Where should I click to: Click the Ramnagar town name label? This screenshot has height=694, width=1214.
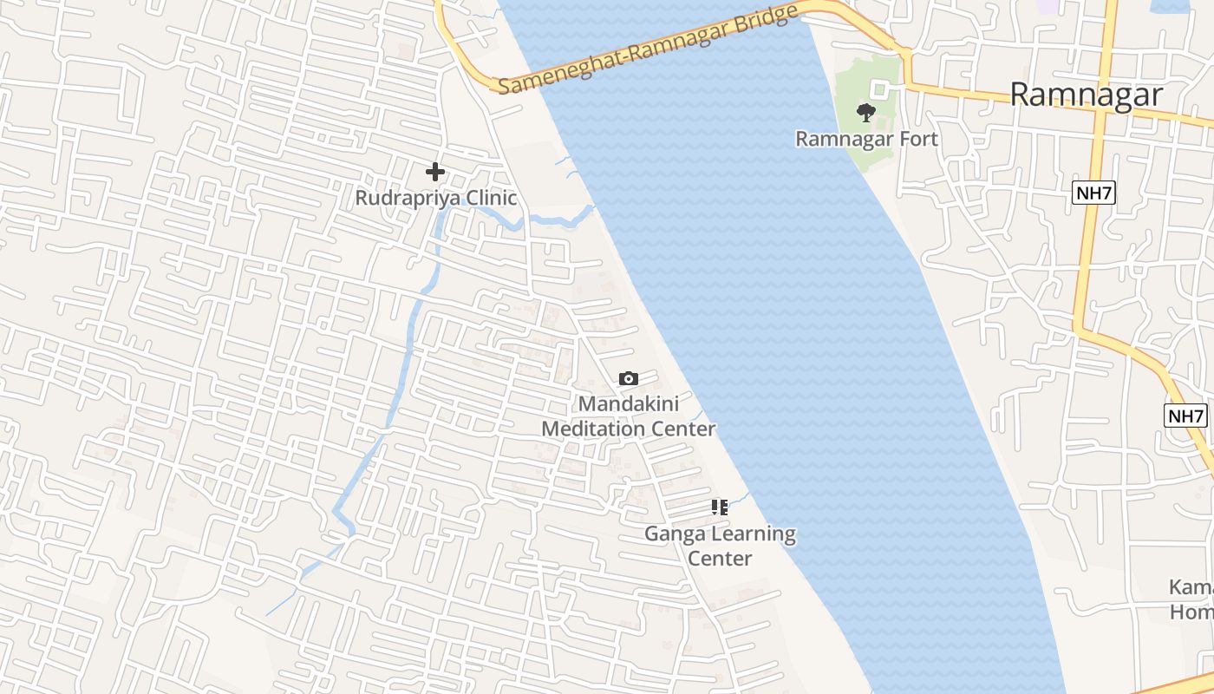point(1086,94)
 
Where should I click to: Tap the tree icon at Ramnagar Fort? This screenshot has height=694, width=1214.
point(865,112)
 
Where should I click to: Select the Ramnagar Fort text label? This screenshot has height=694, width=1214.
point(866,139)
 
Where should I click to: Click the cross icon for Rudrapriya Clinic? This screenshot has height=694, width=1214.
point(435,172)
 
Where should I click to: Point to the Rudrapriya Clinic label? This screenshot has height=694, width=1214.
point(435,198)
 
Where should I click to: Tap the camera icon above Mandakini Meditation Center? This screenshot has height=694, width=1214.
point(629,378)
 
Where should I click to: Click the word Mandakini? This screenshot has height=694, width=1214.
point(629,403)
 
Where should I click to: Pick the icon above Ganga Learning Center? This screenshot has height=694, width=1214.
point(719,507)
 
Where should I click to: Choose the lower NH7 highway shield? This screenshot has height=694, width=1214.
point(1185,416)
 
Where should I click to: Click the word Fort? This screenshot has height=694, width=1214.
point(917,139)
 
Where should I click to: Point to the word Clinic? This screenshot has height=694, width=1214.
point(492,198)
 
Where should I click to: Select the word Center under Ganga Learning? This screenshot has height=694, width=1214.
point(720,559)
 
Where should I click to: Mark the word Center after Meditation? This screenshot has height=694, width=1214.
point(684,429)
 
